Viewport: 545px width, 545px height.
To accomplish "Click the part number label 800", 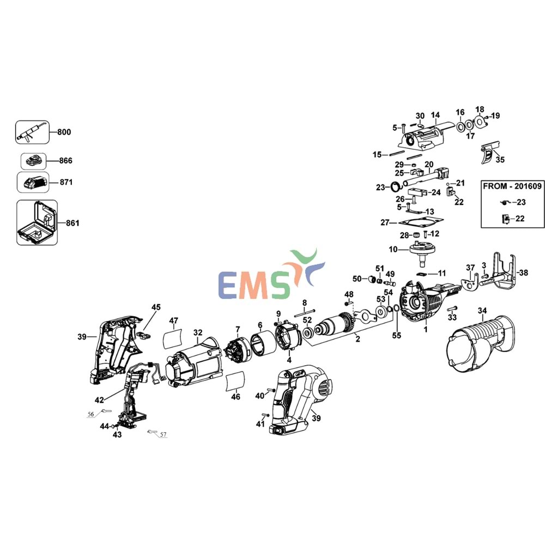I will point(64,132).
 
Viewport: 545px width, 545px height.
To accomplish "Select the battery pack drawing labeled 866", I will point(34,161).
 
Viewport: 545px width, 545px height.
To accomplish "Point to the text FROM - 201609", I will point(512,186).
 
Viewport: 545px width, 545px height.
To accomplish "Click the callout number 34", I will point(482,311).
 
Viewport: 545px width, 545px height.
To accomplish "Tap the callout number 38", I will point(523,272).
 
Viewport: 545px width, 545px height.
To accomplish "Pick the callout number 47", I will point(174,320).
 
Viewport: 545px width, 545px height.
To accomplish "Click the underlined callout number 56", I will point(90,414).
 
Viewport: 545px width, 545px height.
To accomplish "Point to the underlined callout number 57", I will point(162,434).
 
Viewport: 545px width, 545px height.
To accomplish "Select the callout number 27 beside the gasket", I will point(385,222).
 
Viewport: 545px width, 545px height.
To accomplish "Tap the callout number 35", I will point(500,160).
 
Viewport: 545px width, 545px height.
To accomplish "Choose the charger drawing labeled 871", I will point(33,181).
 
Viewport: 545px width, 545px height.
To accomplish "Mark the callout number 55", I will point(396,336).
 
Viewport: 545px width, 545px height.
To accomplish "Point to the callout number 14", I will point(435,115).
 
